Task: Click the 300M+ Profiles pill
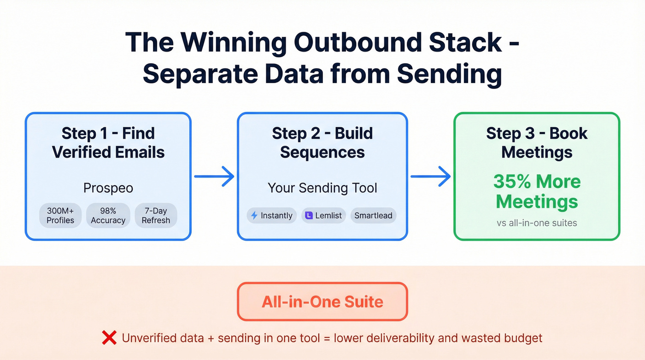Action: pos(60,215)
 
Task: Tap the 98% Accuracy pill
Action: pos(108,215)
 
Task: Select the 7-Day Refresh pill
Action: pos(156,215)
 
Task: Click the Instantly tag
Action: pos(272,216)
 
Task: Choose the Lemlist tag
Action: pos(323,216)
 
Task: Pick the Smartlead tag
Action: pos(373,216)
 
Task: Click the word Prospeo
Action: pos(108,188)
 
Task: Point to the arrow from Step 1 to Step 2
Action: pos(214,177)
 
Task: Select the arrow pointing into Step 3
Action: pos(430,177)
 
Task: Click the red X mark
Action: pos(109,338)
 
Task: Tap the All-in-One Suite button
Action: pos(322,302)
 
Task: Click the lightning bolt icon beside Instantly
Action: pos(254,216)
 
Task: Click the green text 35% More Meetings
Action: pos(537,191)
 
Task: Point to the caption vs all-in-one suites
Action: pos(537,223)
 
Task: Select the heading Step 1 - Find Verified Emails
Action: pos(108,142)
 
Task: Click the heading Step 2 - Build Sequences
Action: pos(322,142)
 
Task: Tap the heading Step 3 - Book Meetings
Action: pos(537,142)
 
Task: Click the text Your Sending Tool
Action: pos(322,188)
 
